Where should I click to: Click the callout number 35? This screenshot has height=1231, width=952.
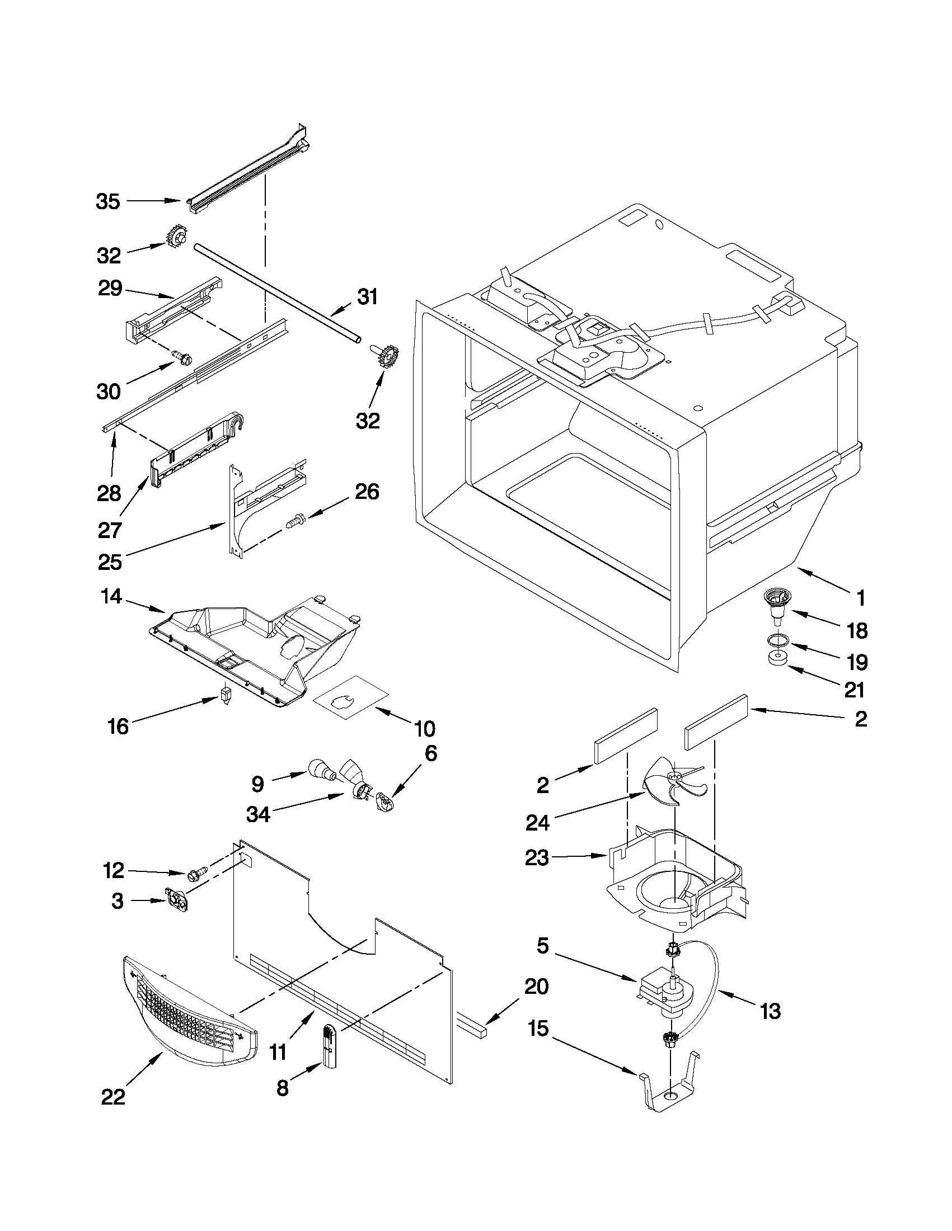(x=107, y=201)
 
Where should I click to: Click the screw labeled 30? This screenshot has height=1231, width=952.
(x=182, y=356)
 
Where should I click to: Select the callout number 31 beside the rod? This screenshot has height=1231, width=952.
(x=367, y=296)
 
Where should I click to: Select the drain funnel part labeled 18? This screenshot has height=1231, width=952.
(x=775, y=606)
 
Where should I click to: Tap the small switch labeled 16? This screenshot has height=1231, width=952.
(x=226, y=695)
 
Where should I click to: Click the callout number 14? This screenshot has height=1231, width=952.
(x=111, y=596)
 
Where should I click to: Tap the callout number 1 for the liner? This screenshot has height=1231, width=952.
(x=860, y=598)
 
